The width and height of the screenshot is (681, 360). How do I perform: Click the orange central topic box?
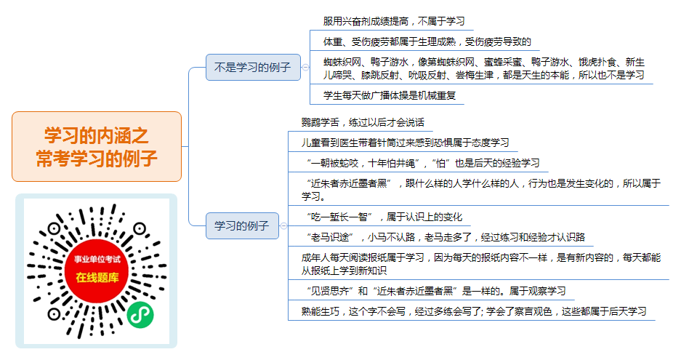pos(97,146)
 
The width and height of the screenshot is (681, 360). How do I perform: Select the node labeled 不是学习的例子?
pos(253,68)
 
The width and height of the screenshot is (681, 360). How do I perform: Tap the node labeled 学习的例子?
pos(242,225)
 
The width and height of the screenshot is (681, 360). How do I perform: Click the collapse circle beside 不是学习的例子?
pos(306,68)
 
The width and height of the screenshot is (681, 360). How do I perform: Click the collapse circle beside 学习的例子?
pos(283,225)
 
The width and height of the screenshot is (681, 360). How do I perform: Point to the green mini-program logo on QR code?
pos(140,314)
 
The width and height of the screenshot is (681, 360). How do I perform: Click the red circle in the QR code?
pos(97,271)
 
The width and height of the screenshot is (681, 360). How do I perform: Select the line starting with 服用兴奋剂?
pos(394,21)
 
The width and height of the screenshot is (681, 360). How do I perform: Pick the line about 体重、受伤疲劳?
pos(427,41)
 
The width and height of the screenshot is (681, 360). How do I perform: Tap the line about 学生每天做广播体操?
pos(389,96)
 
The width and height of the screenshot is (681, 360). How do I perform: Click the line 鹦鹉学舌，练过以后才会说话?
pos(363,123)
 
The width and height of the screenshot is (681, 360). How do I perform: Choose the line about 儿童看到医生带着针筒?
pos(406,143)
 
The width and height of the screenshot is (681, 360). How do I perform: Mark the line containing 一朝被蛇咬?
pos(422,163)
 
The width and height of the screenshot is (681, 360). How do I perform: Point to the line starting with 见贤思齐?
pos(435,292)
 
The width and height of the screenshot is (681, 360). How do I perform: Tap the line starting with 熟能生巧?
pos(474,312)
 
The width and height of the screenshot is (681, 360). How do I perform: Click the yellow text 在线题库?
pos(97,277)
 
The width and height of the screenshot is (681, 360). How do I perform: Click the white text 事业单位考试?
pos(97,260)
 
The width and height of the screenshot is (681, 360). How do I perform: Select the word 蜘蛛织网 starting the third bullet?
pos(342,62)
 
